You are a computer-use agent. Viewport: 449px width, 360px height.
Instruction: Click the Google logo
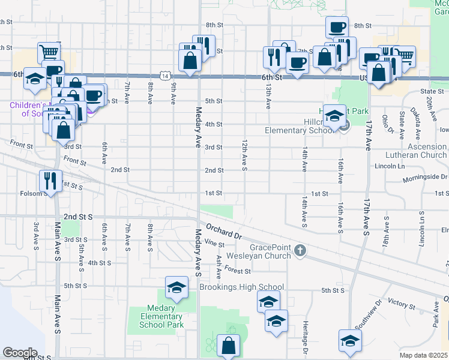pyautogui.click(x=20, y=352)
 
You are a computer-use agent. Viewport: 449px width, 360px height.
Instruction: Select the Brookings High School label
pyautogui.click(x=241, y=287)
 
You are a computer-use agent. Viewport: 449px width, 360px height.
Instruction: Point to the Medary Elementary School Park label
pyautogui.click(x=160, y=317)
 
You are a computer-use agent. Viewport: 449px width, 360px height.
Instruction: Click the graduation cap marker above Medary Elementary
pyautogui.click(x=176, y=288)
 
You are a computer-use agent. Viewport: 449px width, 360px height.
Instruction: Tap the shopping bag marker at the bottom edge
pyautogui.click(x=228, y=346)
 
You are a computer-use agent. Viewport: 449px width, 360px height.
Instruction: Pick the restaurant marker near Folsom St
pyautogui.click(x=49, y=181)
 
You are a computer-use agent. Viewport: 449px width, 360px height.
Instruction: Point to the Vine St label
pyautogui.click(x=214, y=244)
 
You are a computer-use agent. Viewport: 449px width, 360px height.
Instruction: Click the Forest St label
pyautogui.click(x=239, y=271)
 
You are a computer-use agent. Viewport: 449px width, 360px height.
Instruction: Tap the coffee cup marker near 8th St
pyautogui.click(x=337, y=27)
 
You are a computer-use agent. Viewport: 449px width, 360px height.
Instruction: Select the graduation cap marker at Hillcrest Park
pyautogui.click(x=334, y=115)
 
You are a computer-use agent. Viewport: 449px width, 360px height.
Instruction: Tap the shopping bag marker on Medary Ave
pyautogui.click(x=190, y=61)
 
